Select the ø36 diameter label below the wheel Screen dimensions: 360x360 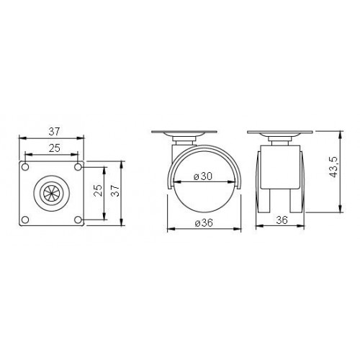click(204, 222)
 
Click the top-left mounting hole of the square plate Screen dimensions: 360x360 click(26, 167)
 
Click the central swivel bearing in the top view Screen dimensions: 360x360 click(52, 193)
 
